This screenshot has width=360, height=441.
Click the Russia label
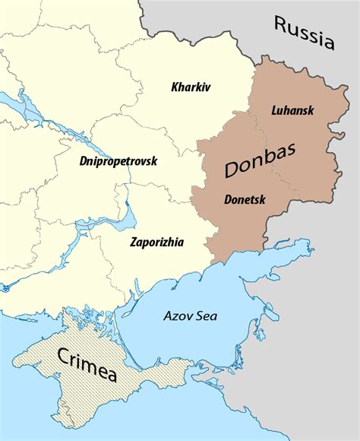tap(305, 33)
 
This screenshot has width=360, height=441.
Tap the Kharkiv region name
tap(191, 87)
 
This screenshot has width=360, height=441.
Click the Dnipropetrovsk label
tap(117, 161)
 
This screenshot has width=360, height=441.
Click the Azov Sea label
tap(191, 317)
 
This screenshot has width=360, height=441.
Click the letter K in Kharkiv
tap(175, 87)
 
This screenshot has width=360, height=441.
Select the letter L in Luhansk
tap(274, 111)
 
